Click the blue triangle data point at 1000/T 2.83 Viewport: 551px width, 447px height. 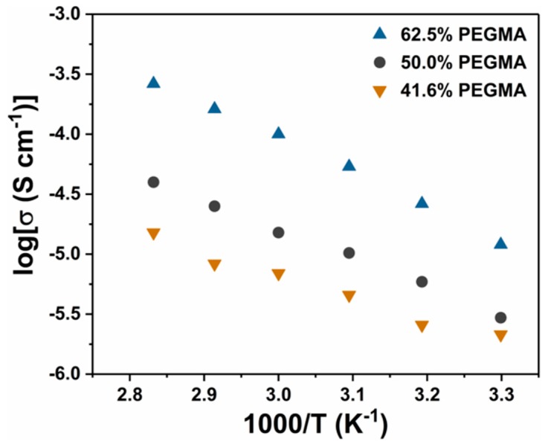[x=153, y=83]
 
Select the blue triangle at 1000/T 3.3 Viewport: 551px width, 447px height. [x=500, y=244]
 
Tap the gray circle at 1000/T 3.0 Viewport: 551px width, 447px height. [x=279, y=232]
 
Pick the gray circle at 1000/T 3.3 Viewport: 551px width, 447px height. [x=500, y=318]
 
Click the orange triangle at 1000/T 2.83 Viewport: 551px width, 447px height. [x=153, y=234]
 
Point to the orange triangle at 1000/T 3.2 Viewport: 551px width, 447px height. [x=422, y=326]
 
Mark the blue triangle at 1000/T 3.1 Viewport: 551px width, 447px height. [x=349, y=165]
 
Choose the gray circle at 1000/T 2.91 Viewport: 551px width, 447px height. [x=214, y=206]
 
